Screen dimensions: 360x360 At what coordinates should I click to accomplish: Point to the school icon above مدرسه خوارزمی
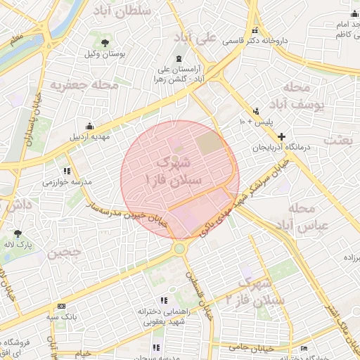[x=67, y=171]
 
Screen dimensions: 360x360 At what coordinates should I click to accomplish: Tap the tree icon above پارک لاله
[x=18, y=233]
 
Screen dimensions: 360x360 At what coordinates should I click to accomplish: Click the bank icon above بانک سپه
[x=62, y=306]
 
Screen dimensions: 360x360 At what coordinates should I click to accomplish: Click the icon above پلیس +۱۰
[x=256, y=110]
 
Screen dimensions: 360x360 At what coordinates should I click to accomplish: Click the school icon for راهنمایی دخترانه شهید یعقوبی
[x=163, y=300]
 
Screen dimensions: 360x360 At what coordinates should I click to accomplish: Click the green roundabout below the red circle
[x=181, y=248]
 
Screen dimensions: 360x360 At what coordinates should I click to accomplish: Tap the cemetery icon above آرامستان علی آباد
[x=179, y=58]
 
